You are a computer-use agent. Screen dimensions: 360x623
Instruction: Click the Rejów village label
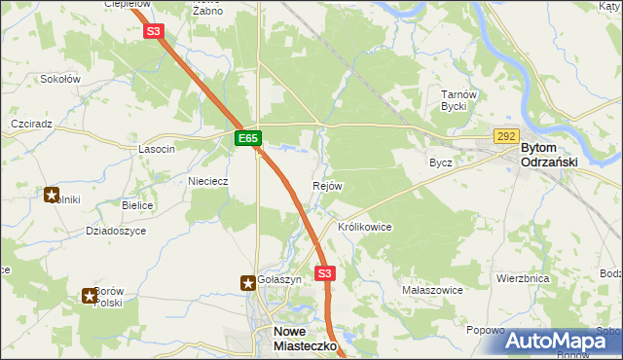pos(326,186)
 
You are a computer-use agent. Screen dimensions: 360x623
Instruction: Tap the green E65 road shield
pos(247,139)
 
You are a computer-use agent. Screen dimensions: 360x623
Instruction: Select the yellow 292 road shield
pos(505,137)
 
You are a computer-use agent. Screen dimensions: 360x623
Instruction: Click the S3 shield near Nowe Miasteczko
pos(325,274)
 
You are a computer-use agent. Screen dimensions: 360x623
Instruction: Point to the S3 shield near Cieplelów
pos(153,31)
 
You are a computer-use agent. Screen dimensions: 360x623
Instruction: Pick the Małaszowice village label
pos(431,290)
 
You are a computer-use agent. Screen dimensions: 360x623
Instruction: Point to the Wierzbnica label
pos(523,278)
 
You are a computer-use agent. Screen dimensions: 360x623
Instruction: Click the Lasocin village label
pos(157,149)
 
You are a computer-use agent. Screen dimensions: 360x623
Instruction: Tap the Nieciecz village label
pos(207,180)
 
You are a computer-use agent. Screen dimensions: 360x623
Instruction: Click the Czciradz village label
pos(30,125)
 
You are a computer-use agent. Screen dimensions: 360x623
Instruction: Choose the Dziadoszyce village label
pos(116,231)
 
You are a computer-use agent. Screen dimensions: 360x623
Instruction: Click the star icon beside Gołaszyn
pos(248,282)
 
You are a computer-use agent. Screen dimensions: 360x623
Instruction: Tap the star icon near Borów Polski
pos(90,296)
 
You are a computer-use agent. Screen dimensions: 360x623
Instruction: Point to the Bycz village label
pos(441,162)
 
